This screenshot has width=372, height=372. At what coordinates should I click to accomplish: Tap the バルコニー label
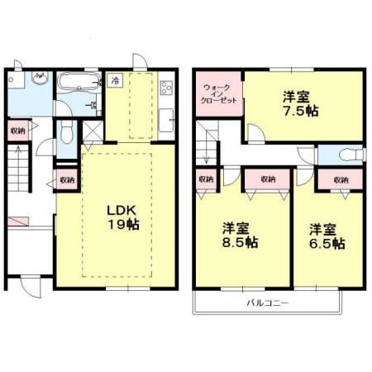pyautogui.click(x=267, y=303)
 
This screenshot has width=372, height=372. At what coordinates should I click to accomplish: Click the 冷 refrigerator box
pyautogui.click(x=116, y=81)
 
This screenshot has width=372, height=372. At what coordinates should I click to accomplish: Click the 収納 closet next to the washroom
pyautogui.click(x=17, y=131)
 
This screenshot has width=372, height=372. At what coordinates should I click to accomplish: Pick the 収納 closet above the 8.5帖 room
pyautogui.click(x=266, y=179)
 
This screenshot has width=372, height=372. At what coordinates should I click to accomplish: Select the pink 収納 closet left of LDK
pyautogui.click(x=66, y=179)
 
